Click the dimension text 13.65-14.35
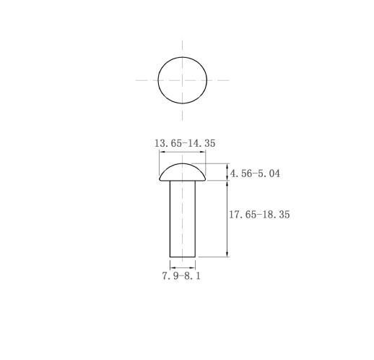coord(185,143)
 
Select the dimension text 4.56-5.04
coord(255,173)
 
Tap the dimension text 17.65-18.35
coord(259,214)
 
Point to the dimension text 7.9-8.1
coord(181,275)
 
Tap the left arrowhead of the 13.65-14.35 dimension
coord(161,152)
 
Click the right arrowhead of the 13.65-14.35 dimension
coord(204,152)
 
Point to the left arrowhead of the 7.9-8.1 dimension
coord(172,267)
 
